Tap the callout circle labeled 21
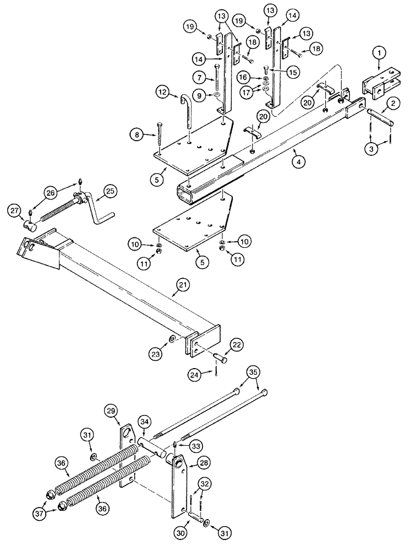pos(183,285)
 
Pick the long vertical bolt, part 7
pos(217,82)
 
